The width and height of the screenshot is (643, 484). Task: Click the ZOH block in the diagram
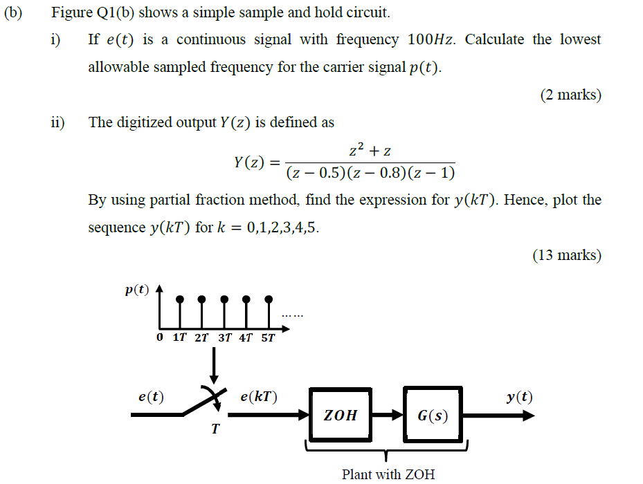(x=341, y=415)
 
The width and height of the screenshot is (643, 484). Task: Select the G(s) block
(x=433, y=416)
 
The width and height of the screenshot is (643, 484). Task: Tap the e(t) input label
(x=151, y=397)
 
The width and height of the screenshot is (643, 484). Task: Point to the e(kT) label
(x=258, y=397)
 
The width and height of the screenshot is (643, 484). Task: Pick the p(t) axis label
(x=136, y=290)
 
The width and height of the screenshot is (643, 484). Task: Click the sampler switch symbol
(x=208, y=404)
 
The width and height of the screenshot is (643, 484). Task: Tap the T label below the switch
(x=215, y=430)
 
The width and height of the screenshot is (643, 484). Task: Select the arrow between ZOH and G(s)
(x=388, y=416)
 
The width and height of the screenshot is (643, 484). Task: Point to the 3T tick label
(x=225, y=338)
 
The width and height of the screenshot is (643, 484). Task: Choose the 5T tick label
(x=268, y=338)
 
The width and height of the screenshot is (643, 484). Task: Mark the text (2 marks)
(x=570, y=95)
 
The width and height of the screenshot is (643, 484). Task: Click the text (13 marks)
(x=567, y=255)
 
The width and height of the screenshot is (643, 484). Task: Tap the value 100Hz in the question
(x=432, y=39)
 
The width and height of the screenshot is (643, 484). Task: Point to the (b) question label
(x=13, y=12)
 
